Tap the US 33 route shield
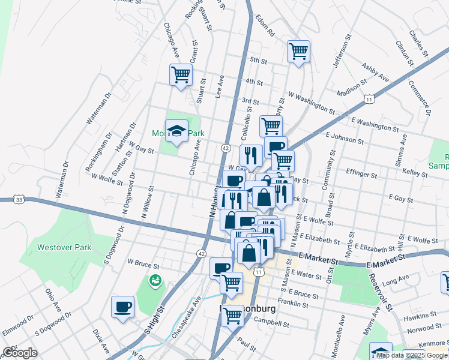20,199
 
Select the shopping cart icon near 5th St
298,51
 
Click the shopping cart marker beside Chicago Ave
180,75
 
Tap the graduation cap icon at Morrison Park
176,131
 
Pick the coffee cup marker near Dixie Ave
122,307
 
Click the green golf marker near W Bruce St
155,280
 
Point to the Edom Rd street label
264,25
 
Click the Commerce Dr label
420,95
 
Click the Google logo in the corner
20,353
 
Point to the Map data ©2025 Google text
412,355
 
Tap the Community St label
330,170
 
